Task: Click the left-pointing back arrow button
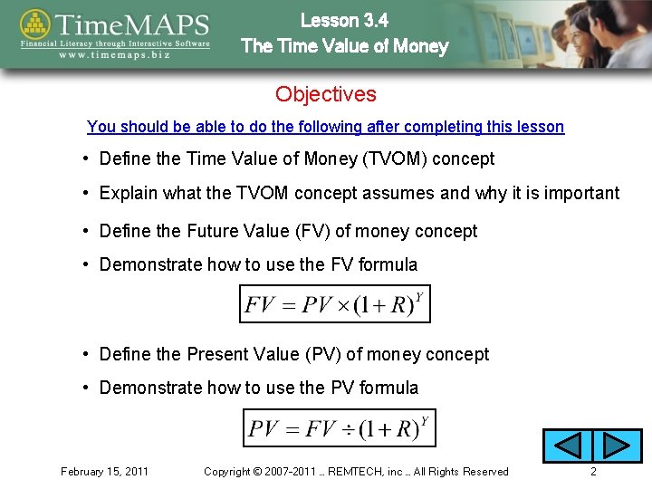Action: point(567,446)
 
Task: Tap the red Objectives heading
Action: point(326,94)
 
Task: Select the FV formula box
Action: point(334,303)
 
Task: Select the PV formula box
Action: point(340,427)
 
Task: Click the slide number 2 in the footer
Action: point(593,472)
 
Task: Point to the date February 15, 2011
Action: point(104,472)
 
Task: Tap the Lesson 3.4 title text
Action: point(345,19)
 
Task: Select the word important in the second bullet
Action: point(581,193)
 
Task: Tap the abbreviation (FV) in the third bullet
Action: point(310,231)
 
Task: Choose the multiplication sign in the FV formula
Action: point(344,305)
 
